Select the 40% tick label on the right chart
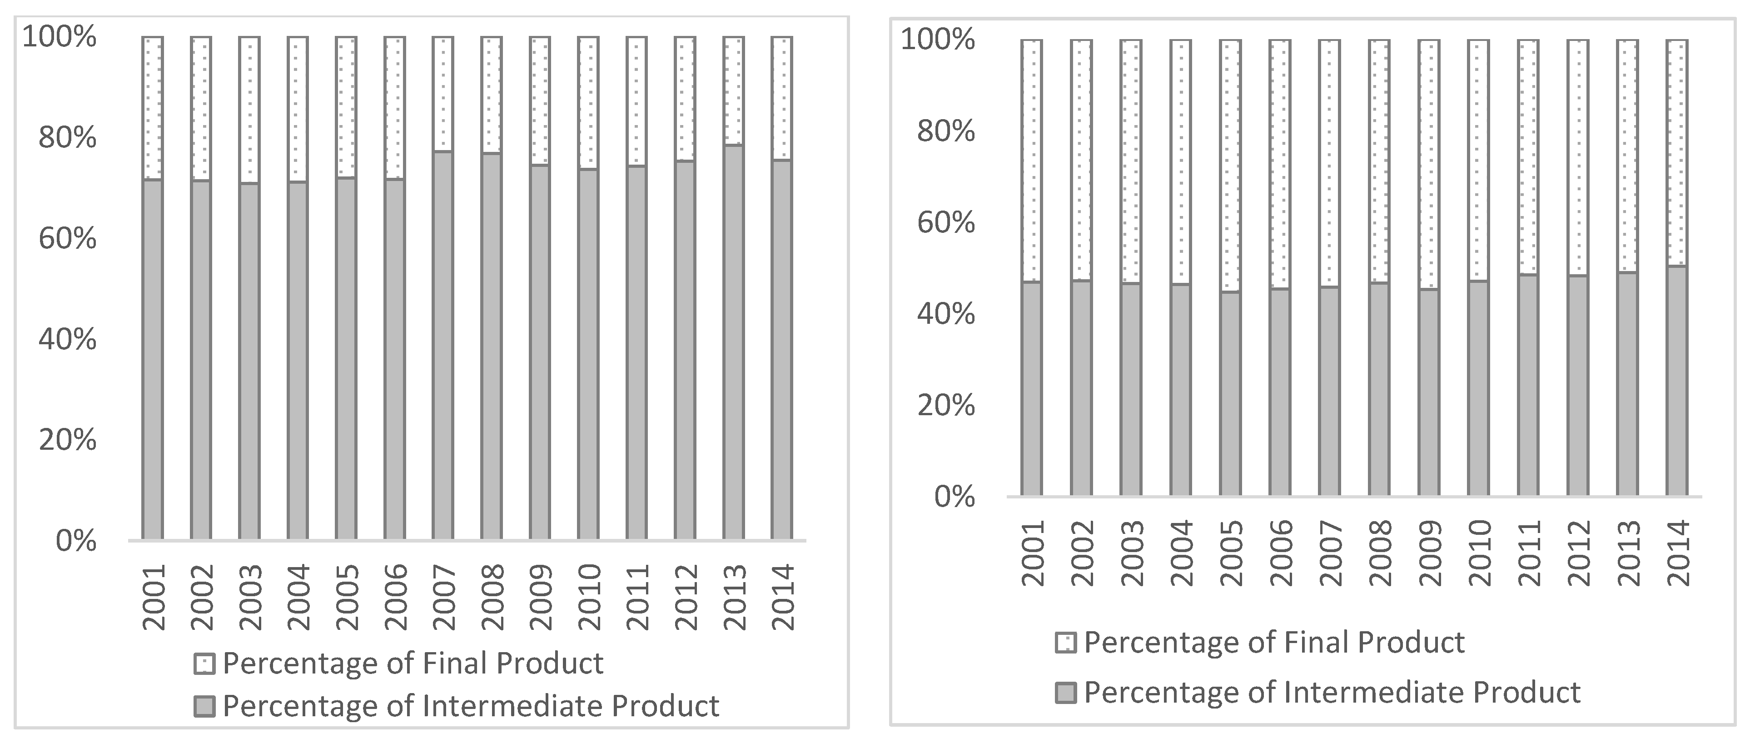click(x=946, y=314)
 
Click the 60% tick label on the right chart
click(x=946, y=223)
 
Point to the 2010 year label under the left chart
click(x=589, y=598)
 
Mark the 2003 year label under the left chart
click(x=250, y=598)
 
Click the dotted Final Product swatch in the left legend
click(x=204, y=664)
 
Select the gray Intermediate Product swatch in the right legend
click(x=1065, y=693)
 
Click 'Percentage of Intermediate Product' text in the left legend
click(x=470, y=706)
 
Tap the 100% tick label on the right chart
click(x=938, y=40)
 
